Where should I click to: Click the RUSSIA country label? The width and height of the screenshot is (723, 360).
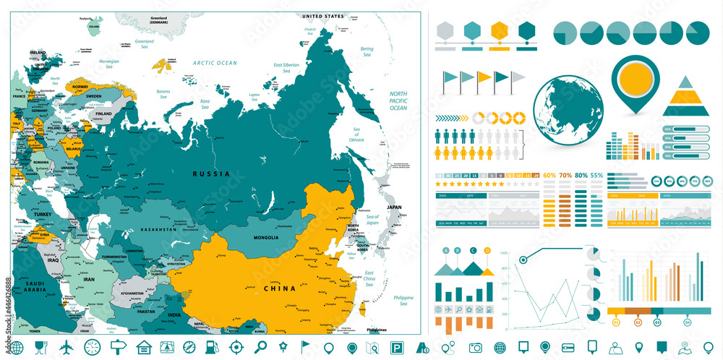pos(211,174)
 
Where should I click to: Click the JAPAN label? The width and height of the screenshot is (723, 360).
pos(393,207)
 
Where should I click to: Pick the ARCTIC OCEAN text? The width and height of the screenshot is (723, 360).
pos(215,63)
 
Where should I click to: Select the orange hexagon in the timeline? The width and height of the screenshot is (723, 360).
pos(499,30)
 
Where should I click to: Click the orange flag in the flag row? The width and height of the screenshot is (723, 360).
pos(484,77)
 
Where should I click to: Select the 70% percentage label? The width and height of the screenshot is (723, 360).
pos(565,176)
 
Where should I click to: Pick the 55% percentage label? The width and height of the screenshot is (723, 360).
pos(596,176)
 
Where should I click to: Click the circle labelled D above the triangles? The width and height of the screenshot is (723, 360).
pos(487,251)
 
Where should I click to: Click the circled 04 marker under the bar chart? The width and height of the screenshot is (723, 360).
pos(687,322)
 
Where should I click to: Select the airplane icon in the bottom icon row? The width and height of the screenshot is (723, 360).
pos(67,346)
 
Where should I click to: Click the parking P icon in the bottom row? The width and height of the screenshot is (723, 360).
pos(395,347)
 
